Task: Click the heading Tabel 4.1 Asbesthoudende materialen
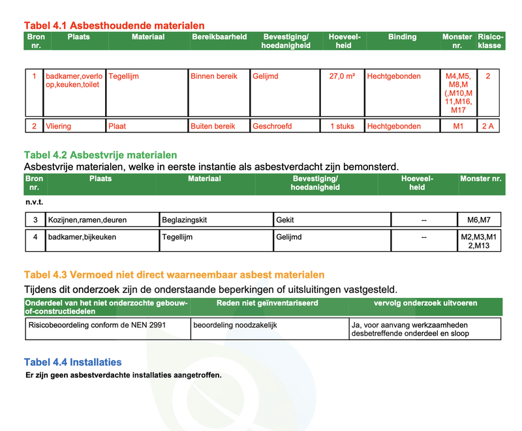114,25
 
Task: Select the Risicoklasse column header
489,41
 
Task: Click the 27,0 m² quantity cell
342,76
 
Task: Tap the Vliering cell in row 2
59,126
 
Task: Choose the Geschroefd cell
272,126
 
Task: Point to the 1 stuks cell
342,126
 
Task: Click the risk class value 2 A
488,126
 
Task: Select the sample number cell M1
458,126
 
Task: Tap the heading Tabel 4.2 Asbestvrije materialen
100,155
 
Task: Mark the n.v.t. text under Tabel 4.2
34,202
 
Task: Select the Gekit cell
286,220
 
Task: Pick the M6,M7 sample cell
479,220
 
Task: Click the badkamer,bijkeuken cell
82,237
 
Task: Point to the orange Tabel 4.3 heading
174,275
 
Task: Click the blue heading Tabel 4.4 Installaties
73,362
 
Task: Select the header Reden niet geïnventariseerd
267,303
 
